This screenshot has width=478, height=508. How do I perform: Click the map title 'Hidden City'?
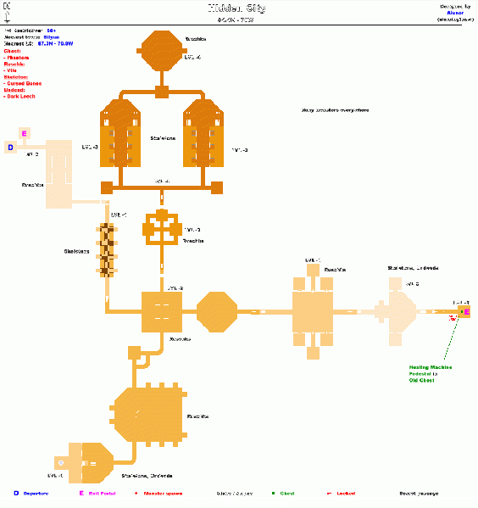click(x=238, y=8)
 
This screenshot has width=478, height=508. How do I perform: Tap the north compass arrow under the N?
click(x=7, y=16)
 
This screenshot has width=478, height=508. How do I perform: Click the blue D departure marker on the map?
click(x=10, y=148)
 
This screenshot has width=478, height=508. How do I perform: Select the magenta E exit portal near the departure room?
click(x=24, y=134)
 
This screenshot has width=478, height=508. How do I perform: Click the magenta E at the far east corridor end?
click(x=464, y=313)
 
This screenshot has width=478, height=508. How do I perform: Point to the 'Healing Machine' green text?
click(x=430, y=367)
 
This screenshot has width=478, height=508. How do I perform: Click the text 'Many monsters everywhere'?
click(x=334, y=109)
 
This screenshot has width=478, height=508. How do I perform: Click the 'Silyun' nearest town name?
click(x=53, y=39)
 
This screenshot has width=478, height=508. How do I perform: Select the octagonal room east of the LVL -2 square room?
click(x=217, y=312)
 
